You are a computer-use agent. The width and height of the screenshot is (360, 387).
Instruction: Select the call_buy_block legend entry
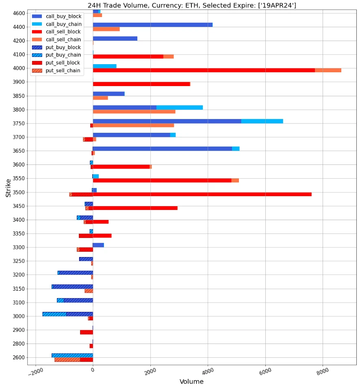(63, 16)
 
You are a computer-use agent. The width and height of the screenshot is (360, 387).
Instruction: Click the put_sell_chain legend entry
(63, 71)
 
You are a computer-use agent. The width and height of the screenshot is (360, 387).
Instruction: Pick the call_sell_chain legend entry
(63, 39)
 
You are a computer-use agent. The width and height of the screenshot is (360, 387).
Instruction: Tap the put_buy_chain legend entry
(63, 55)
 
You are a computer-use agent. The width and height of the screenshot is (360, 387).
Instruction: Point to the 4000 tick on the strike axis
(19, 68)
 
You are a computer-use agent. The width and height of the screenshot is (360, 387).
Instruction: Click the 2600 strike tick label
(19, 357)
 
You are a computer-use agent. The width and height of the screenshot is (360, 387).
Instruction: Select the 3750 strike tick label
(19, 123)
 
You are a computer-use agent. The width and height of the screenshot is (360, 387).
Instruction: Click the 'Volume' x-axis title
(191, 382)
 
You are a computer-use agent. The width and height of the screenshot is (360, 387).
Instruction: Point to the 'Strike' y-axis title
(9, 188)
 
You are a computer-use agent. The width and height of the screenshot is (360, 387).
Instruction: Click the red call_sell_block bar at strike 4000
(204, 70)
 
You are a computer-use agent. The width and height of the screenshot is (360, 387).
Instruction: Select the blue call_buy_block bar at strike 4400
(152, 25)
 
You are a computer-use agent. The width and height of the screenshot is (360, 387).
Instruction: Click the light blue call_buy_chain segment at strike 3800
(179, 108)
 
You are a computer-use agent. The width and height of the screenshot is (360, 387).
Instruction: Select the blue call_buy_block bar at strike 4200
(115, 39)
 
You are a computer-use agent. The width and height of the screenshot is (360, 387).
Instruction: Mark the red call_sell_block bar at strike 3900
(141, 84)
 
